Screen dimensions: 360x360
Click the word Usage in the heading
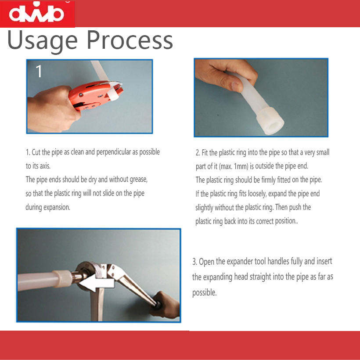(43, 40)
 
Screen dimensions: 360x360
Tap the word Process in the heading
(130, 40)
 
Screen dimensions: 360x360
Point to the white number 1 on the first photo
(39, 71)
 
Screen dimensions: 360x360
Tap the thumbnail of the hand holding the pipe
(261, 97)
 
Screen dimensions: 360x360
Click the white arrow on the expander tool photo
(97, 283)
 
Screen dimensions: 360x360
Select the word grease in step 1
(138, 179)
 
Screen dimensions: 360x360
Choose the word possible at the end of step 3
(204, 293)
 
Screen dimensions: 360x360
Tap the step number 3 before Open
(194, 262)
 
